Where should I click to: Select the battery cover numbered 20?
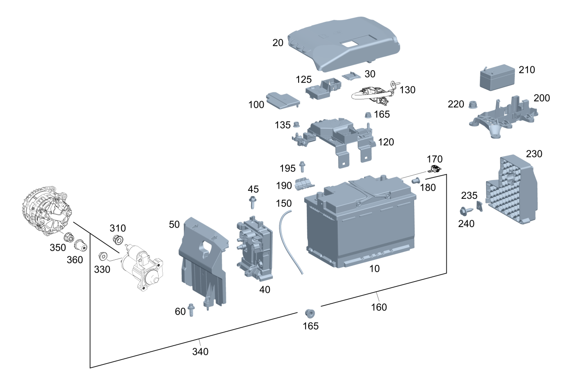point(344,44)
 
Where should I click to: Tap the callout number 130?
point(407,90)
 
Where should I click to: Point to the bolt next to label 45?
point(252,202)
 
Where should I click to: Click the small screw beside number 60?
point(191,309)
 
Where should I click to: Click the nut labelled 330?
point(104,256)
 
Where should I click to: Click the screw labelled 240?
point(464,212)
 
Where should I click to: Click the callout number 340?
point(200,351)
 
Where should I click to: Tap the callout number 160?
point(379,307)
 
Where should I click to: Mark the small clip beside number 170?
point(435,170)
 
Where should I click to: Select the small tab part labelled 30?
point(352,76)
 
